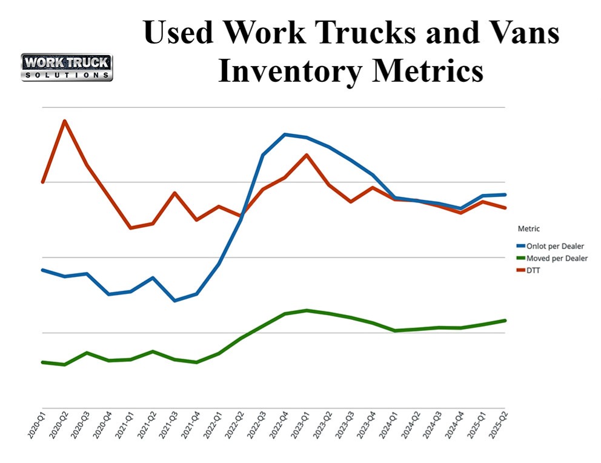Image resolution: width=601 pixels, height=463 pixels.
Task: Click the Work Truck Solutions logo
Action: (67, 67)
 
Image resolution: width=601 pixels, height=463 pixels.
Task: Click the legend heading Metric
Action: (528, 229)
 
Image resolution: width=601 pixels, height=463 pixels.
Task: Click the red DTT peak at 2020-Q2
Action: (65, 121)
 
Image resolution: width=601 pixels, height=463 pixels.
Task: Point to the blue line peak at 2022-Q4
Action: (285, 134)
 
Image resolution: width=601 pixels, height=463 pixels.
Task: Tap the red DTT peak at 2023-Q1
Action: (307, 155)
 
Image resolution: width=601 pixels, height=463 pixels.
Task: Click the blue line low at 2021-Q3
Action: (174, 301)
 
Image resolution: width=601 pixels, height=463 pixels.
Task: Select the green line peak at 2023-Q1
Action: (307, 310)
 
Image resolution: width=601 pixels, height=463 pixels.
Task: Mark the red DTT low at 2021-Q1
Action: (130, 228)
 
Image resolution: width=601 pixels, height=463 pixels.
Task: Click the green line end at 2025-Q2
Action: (505, 320)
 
